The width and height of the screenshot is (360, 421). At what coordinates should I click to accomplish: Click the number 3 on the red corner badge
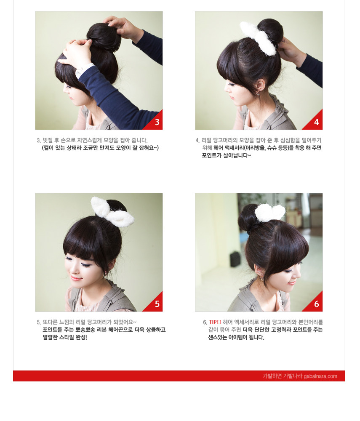click(x=157, y=123)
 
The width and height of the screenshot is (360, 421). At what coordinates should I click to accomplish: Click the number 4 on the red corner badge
click(x=317, y=123)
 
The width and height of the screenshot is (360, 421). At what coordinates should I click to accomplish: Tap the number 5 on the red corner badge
click(x=157, y=304)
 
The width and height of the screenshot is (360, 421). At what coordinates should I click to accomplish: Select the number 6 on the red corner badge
click(x=317, y=304)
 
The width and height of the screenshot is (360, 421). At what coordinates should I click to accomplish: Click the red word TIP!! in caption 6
click(x=215, y=322)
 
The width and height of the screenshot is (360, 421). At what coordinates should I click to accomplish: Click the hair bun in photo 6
click(x=249, y=218)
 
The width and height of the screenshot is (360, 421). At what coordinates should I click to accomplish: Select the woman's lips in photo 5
click(x=76, y=278)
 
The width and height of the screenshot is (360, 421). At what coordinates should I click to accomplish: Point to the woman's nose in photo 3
click(x=64, y=90)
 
